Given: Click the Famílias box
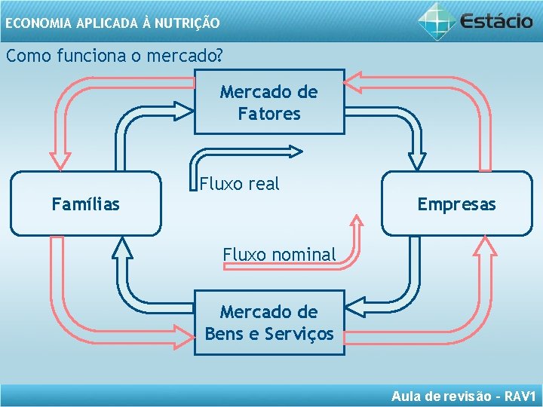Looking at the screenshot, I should click(x=85, y=203).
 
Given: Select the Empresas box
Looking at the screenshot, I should click(x=456, y=203).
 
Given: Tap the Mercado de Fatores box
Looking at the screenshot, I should click(x=269, y=103).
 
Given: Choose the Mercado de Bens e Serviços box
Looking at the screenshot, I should click(x=269, y=323).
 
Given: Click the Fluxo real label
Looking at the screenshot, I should click(x=239, y=184).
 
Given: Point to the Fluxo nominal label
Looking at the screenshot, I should click(x=279, y=255).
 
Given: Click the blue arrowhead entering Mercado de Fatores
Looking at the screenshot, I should click(x=183, y=112).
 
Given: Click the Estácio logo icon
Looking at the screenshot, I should click(x=437, y=20).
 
